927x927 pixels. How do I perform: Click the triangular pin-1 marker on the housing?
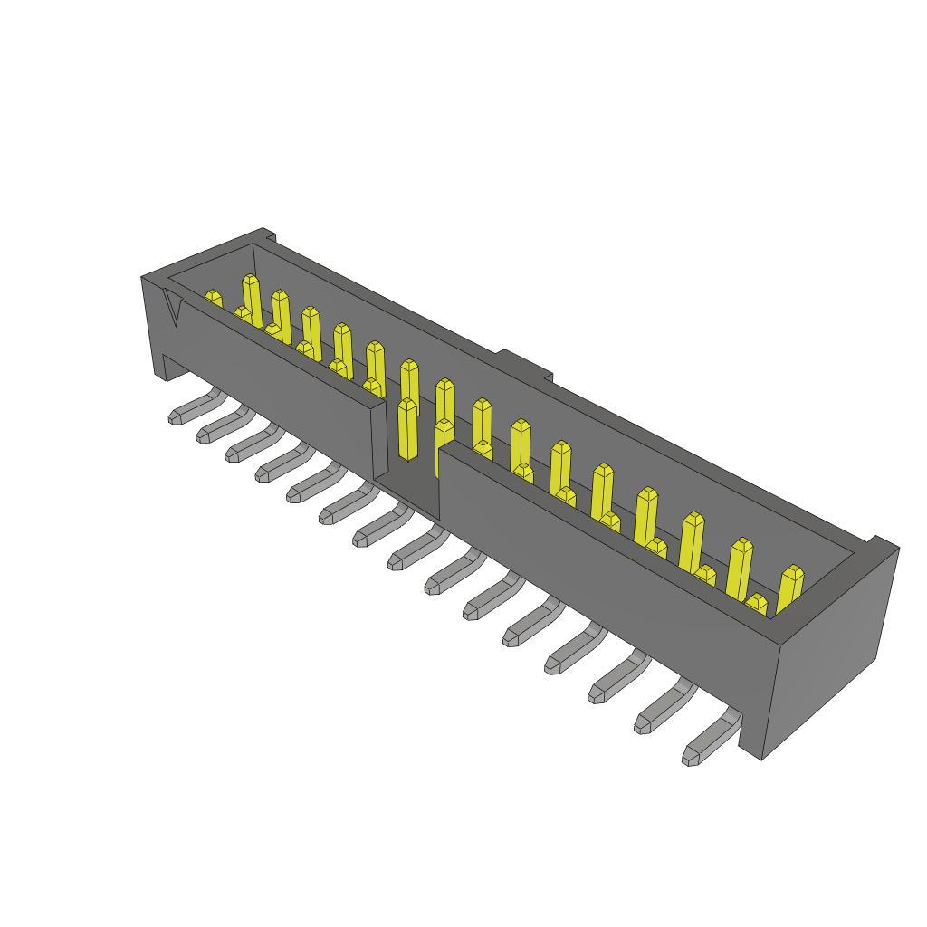click(x=172, y=306)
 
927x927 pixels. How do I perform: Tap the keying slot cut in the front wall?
click(x=406, y=453)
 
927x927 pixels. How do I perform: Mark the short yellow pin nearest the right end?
click(x=756, y=604)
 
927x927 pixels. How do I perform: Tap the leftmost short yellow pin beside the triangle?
click(x=213, y=299)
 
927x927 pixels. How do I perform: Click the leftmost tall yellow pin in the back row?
click(x=252, y=299)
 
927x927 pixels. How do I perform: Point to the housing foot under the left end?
click(x=172, y=367)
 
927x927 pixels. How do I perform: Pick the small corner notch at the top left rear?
click(x=270, y=237)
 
